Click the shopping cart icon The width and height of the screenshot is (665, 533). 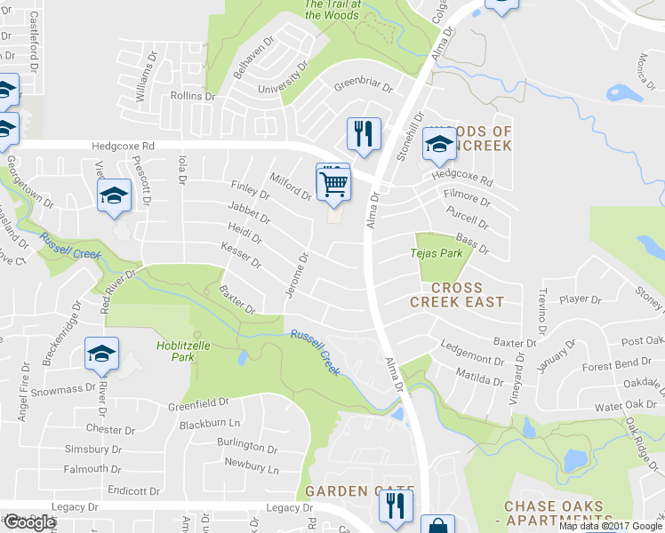click(x=333, y=184)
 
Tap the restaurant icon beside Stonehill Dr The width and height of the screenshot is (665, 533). click(x=364, y=134)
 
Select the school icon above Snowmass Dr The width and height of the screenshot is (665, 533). click(x=102, y=354)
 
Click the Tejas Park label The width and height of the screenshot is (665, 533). click(x=437, y=253)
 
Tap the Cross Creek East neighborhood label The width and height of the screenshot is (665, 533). click(x=457, y=295)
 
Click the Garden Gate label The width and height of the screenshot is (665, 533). click(x=359, y=491)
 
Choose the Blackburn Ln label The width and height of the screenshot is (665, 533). click(x=210, y=425)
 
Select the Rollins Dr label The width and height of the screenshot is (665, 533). click(x=192, y=96)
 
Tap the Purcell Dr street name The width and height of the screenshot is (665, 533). click(x=469, y=212)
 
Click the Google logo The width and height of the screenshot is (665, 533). click(x=29, y=522)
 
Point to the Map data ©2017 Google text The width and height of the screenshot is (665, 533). click(x=611, y=526)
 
